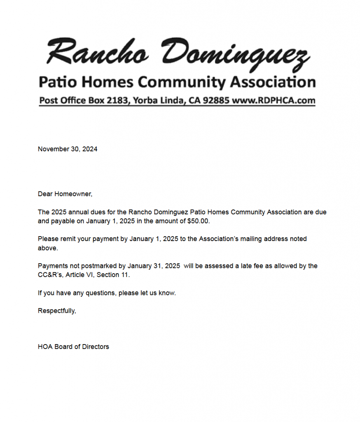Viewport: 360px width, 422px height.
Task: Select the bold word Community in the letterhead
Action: (x=182, y=82)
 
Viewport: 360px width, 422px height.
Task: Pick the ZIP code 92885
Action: (x=215, y=100)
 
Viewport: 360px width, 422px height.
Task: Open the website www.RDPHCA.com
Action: (x=274, y=100)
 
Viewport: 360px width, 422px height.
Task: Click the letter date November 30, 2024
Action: (x=68, y=149)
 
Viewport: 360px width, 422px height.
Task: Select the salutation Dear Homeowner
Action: (x=65, y=194)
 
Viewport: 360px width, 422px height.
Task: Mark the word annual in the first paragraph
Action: (x=79, y=212)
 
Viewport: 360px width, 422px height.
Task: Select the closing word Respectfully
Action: (x=56, y=311)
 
